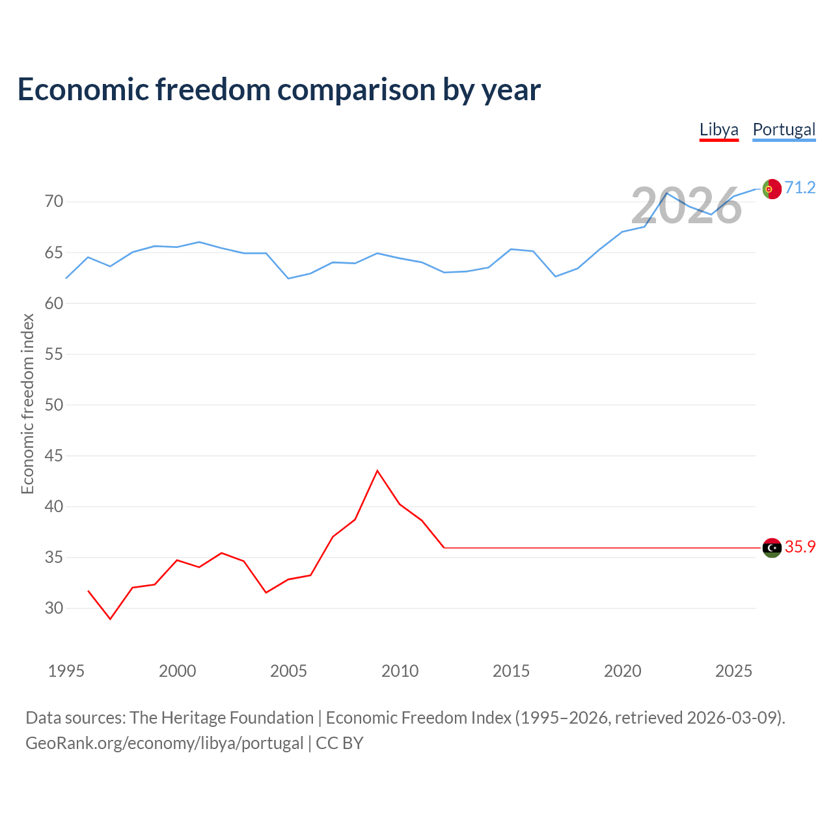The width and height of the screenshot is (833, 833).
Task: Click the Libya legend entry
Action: coord(718,130)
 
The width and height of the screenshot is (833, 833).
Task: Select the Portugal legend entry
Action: coord(784,130)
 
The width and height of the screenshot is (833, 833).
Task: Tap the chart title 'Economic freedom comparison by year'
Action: coord(279,89)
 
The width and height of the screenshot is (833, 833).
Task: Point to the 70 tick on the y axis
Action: coord(54,202)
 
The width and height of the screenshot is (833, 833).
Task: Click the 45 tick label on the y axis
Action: coord(54,456)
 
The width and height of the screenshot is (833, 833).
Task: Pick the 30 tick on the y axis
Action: coord(54,608)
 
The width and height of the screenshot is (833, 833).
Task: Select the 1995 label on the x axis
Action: coord(66,671)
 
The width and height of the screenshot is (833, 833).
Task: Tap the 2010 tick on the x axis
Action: coord(400,671)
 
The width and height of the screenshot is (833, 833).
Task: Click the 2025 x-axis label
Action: coord(733,671)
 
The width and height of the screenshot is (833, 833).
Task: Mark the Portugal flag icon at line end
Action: coord(771,189)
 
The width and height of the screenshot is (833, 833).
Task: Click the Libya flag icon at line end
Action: coord(771,548)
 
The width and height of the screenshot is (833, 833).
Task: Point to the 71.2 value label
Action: coord(800,188)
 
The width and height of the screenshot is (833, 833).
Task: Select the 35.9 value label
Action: coord(800,547)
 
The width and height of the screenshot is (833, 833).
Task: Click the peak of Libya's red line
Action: coord(377,471)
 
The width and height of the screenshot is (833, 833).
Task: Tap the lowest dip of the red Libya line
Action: coord(110,619)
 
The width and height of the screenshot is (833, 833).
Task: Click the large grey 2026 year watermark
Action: coord(686,206)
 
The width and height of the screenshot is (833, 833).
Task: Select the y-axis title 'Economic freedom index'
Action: coord(27,403)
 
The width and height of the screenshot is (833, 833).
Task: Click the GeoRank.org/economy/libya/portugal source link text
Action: coord(164,743)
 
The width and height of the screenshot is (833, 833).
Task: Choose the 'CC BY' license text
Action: coord(339,743)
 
